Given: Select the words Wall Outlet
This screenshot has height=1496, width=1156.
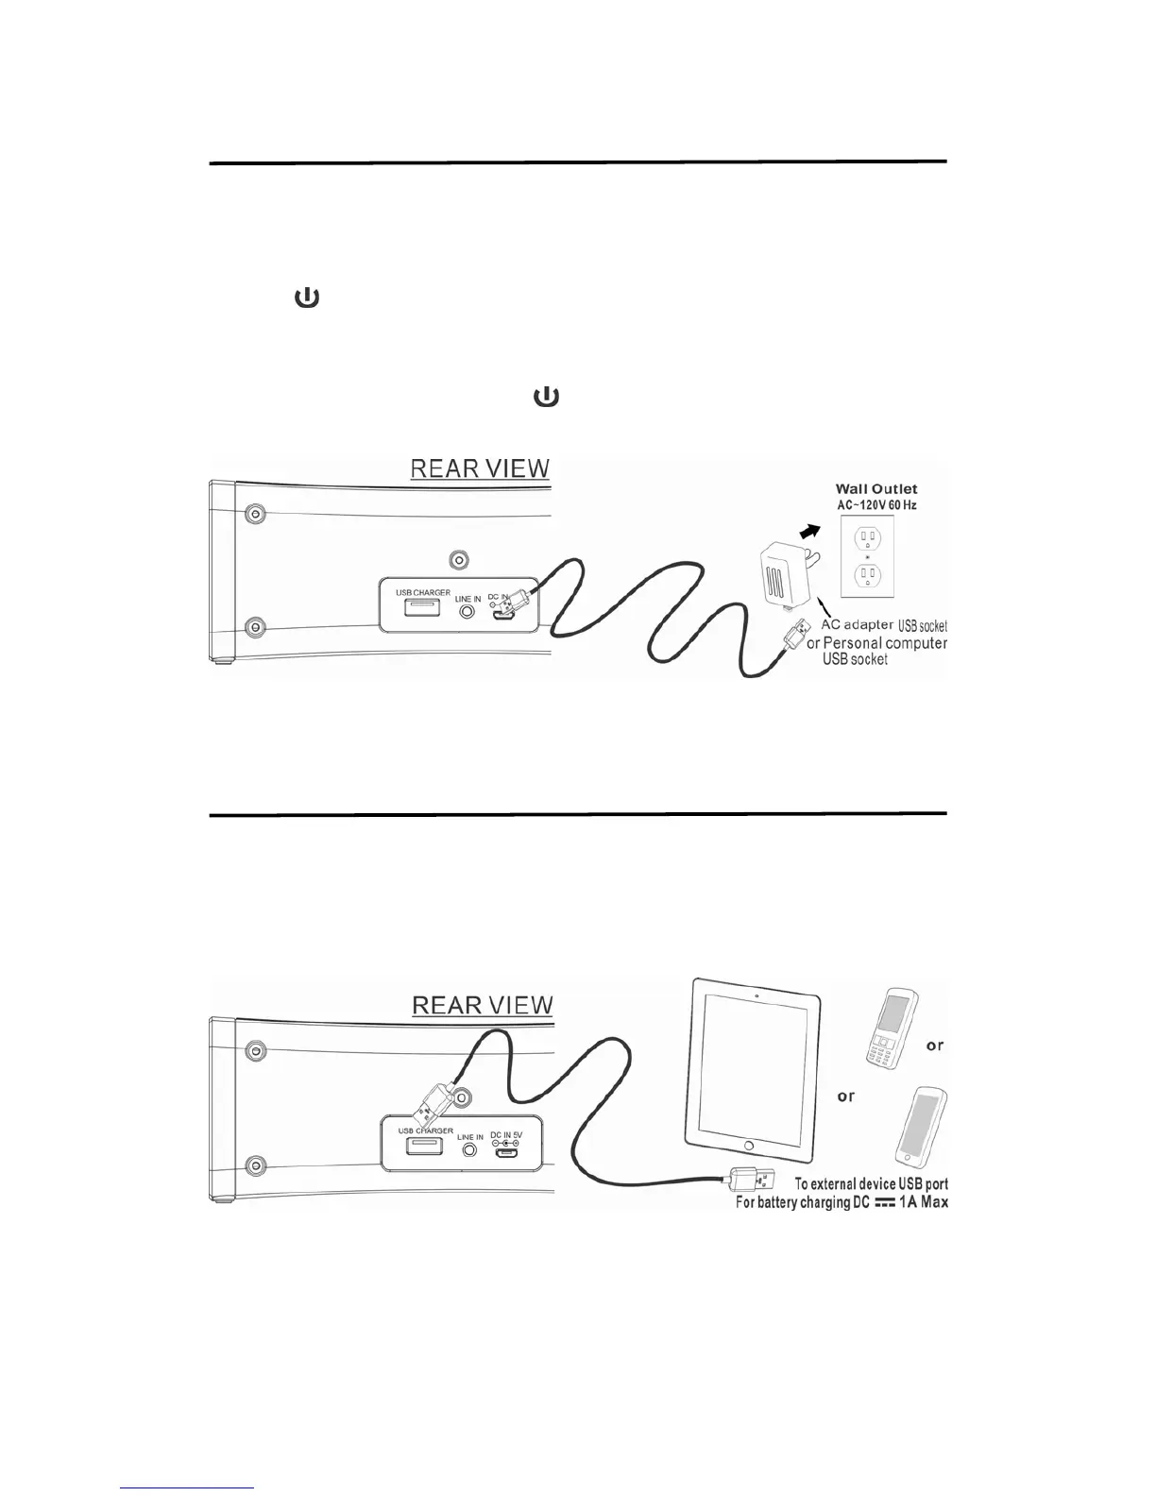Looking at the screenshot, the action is pyautogui.click(x=875, y=489).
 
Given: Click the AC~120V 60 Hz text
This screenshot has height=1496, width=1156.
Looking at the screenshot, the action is pyautogui.click(x=875, y=505).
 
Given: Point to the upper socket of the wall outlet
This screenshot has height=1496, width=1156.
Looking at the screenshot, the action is pyautogui.click(x=866, y=539).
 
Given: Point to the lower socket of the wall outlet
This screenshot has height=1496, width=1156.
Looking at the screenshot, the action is pyautogui.click(x=866, y=575).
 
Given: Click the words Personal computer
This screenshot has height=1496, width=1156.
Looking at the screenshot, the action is pyautogui.click(x=885, y=643).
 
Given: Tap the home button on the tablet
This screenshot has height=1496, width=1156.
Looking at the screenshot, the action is pyautogui.click(x=749, y=1146).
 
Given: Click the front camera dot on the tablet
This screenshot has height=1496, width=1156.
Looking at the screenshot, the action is pyautogui.click(x=756, y=995).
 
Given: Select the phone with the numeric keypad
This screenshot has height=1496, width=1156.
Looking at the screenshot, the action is pyautogui.click(x=889, y=1029).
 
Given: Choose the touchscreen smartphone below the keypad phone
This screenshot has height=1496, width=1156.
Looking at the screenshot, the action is pyautogui.click(x=921, y=1127).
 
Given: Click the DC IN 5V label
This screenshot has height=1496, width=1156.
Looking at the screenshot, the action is pyautogui.click(x=506, y=1135).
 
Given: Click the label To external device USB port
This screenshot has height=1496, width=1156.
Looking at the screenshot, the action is pyautogui.click(x=871, y=1183).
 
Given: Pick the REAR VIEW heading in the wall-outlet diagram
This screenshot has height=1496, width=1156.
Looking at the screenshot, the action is pyautogui.click(x=479, y=468).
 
